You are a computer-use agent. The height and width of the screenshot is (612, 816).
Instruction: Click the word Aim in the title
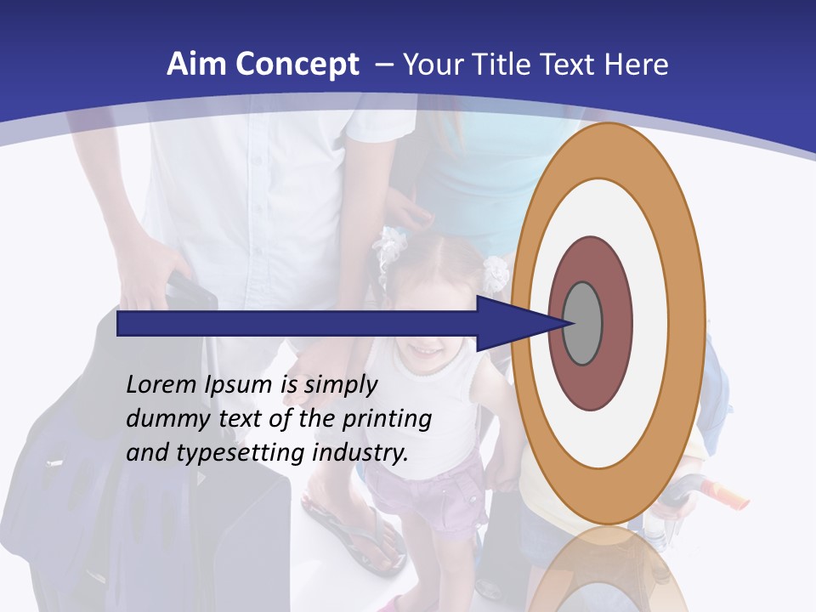pyautogui.click(x=196, y=65)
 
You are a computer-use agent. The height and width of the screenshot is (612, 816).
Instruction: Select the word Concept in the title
pyautogui.click(x=297, y=65)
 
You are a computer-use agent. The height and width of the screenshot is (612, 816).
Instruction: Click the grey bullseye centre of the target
pyautogui.click(x=583, y=323)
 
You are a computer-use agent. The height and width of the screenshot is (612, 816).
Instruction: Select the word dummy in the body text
pyautogui.click(x=162, y=419)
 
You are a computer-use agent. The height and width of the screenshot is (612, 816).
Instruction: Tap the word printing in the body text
pyautogui.click(x=388, y=420)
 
